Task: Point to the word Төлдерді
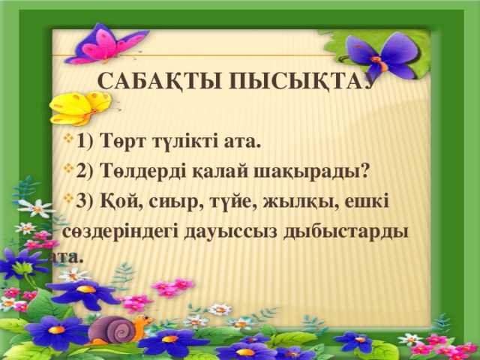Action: click(138, 171)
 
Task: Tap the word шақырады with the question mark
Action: click(309, 171)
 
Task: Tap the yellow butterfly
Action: click(79, 106)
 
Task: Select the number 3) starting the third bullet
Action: click(85, 201)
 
